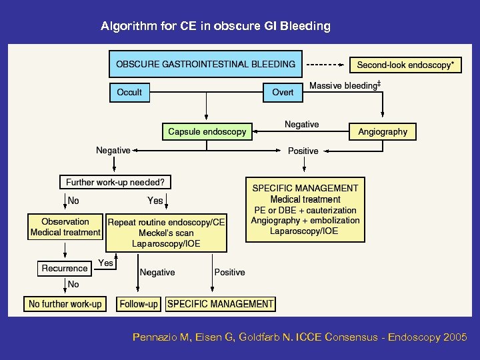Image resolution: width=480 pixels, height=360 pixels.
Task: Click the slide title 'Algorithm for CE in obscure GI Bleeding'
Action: coord(215,27)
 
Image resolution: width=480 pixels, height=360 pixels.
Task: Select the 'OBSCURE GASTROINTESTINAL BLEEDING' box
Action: coord(205,65)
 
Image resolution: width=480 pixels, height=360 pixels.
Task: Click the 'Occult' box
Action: coord(129,92)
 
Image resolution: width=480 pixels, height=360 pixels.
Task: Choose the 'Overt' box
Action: coord(283,92)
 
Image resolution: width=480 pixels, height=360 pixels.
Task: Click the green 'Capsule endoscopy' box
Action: coord(207,131)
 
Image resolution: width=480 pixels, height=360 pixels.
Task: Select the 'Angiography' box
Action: coord(383,131)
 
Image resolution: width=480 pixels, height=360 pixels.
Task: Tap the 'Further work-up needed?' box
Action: coord(115,181)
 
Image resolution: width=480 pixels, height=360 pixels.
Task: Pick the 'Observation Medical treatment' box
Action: coord(65,227)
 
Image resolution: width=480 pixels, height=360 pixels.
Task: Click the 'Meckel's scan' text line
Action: coord(166,233)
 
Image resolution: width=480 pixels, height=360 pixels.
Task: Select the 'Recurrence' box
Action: coord(65,268)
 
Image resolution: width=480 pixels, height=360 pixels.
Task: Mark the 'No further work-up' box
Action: coord(65,304)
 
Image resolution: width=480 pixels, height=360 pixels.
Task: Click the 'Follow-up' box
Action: coord(139,304)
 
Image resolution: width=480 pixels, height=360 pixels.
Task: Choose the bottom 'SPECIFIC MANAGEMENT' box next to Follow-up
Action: coord(221,304)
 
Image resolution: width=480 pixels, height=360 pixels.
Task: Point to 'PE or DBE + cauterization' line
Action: coord(305,210)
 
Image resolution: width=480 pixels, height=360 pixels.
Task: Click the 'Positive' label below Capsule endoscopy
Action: coord(303,151)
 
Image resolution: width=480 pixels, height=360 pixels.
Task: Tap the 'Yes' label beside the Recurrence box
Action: coord(105,263)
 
